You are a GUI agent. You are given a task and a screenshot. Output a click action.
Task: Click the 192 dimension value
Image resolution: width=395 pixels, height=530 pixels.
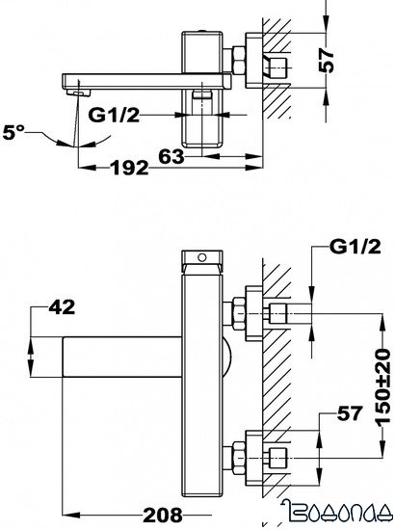[x=128, y=169]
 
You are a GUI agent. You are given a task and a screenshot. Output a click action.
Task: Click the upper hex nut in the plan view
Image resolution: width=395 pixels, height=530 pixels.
[x=238, y=314]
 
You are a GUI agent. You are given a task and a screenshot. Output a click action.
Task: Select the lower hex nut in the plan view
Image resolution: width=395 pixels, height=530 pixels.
[x=238, y=453]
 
